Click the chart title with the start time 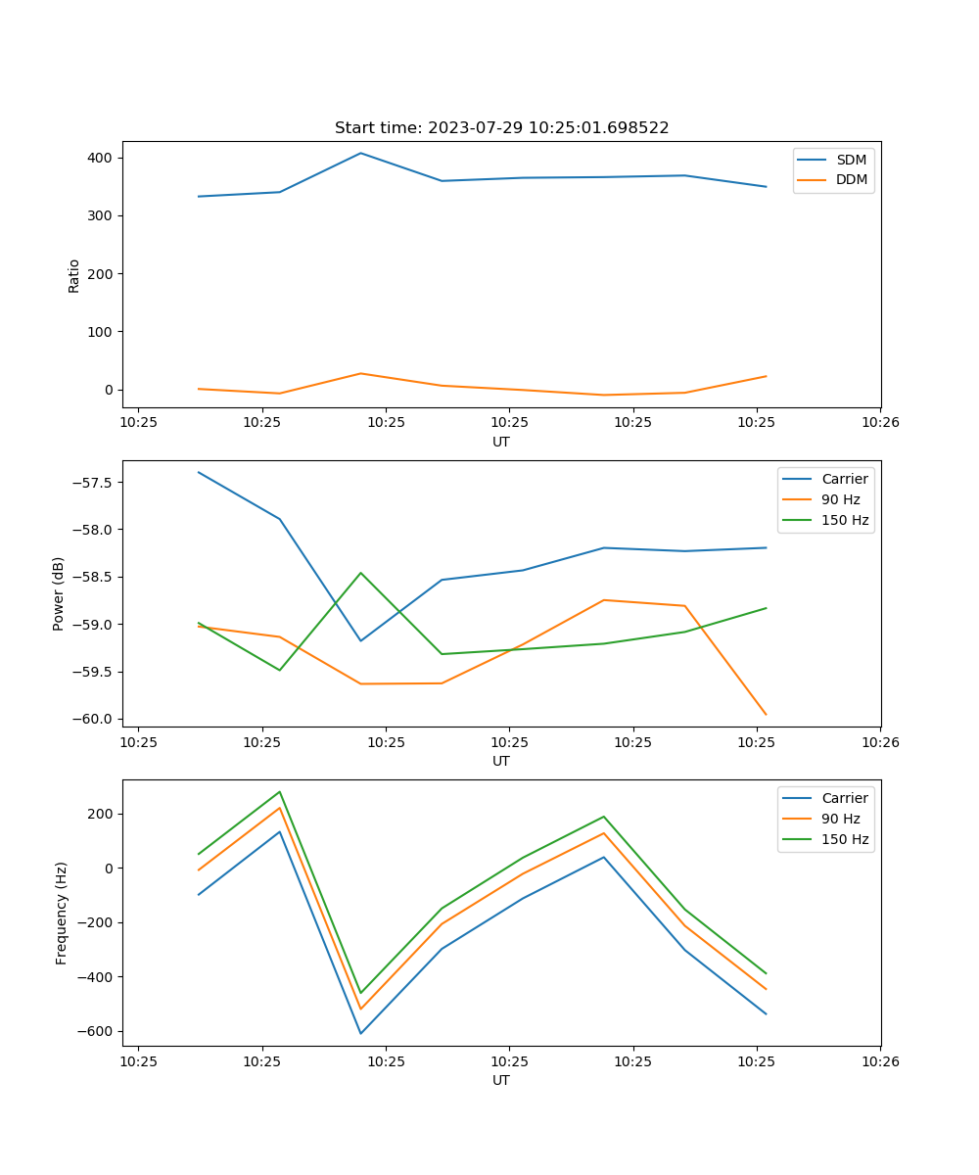(501, 128)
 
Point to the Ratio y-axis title (74, 275)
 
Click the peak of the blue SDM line (360, 153)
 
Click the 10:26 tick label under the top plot (879, 422)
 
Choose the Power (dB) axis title (59, 593)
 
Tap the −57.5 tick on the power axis (93, 483)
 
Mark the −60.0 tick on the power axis (93, 719)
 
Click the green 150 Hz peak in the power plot (360, 573)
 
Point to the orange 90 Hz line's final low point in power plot (766, 715)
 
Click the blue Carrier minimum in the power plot (360, 641)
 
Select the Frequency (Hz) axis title (61, 913)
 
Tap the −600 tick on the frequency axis (95, 1031)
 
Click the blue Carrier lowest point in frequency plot (360, 1033)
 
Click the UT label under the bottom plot (501, 1080)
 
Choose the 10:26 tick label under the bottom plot (879, 1060)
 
